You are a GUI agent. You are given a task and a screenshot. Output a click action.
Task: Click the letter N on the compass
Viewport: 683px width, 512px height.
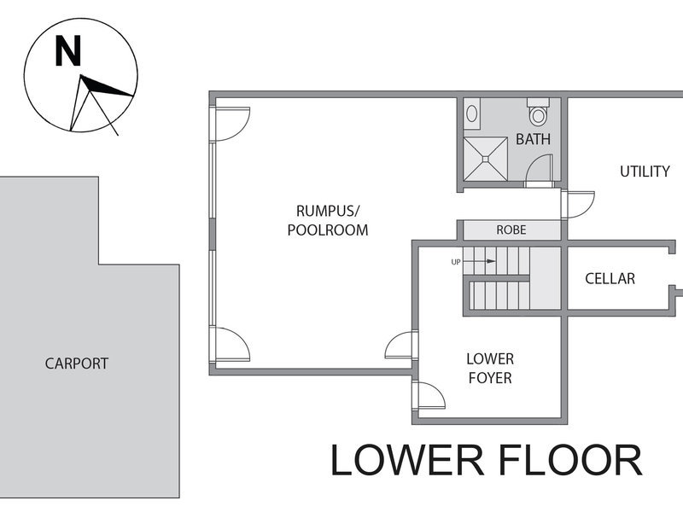pyautogui.click(x=68, y=51)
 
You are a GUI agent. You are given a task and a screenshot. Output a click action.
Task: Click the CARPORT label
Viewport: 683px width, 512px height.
pyautogui.click(x=77, y=364)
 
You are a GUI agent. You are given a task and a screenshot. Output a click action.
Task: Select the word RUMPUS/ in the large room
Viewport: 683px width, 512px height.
pyautogui.click(x=328, y=211)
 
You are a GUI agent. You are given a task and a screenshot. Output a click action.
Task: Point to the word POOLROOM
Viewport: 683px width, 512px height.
pyautogui.click(x=328, y=230)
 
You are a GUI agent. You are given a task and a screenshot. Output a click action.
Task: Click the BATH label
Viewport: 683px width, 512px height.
pyautogui.click(x=533, y=139)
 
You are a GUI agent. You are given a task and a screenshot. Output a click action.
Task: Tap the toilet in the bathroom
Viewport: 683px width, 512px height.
pyautogui.click(x=539, y=112)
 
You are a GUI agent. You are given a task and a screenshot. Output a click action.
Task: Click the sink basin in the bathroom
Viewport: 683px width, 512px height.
pyautogui.click(x=471, y=114)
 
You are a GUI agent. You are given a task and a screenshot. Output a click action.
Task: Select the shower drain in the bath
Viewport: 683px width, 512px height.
pyautogui.click(x=485, y=159)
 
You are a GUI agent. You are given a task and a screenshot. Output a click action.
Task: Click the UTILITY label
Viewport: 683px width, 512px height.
pyautogui.click(x=645, y=172)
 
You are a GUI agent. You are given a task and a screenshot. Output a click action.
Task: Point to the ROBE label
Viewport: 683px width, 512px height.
pyautogui.click(x=511, y=230)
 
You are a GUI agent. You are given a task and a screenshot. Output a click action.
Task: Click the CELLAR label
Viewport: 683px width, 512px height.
pyautogui.click(x=610, y=279)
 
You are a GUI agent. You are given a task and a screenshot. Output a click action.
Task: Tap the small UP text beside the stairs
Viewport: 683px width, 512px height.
pyautogui.click(x=456, y=262)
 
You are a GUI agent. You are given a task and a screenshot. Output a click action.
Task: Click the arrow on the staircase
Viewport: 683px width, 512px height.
pyautogui.click(x=479, y=261)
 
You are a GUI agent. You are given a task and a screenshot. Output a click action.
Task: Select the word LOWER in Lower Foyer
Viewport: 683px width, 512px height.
pyautogui.click(x=490, y=359)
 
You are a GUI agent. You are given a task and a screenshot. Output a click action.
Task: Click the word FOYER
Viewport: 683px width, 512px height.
pyautogui.click(x=490, y=378)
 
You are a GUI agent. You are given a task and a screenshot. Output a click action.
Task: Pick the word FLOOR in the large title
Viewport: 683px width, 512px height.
pyautogui.click(x=570, y=460)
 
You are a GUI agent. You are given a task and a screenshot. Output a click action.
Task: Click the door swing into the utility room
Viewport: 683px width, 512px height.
pyautogui.click(x=579, y=205)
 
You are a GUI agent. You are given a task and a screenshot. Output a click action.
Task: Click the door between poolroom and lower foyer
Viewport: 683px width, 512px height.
pyautogui.click(x=400, y=346)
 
